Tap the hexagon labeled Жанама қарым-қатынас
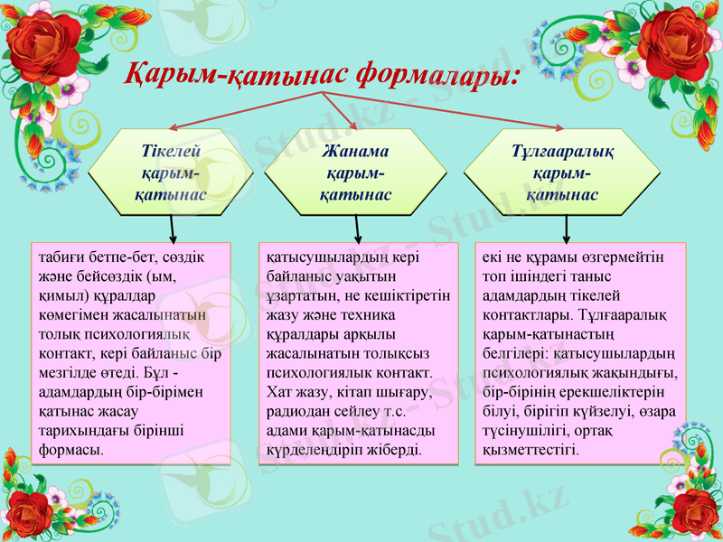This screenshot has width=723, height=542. pyautogui.click(x=355, y=172)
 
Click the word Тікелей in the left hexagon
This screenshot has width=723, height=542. pyautogui.click(x=171, y=151)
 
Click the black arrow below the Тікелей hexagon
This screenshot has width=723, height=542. pyautogui.click(x=172, y=229)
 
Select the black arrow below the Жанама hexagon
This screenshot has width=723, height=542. pyautogui.click(x=358, y=229)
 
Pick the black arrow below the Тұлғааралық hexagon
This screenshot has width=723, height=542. pyautogui.click(x=567, y=229)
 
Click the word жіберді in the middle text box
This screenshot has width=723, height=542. pyautogui.click(x=396, y=449)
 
